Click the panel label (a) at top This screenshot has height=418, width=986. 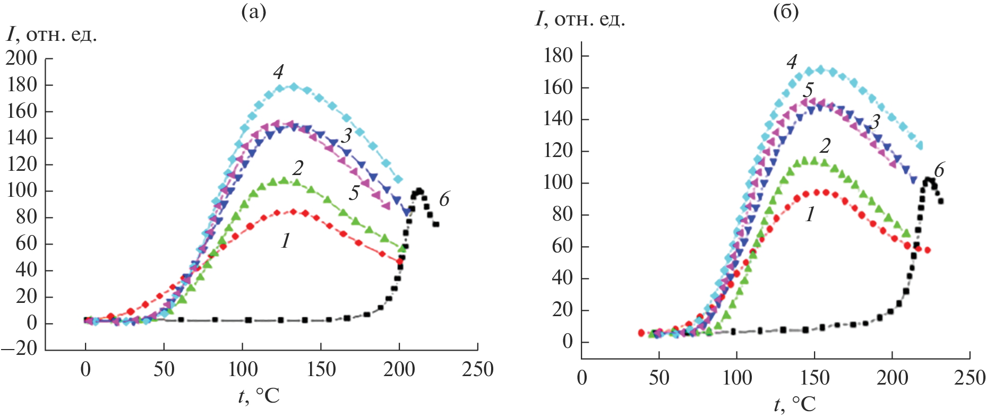tap(253, 12)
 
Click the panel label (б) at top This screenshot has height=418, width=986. tap(786, 12)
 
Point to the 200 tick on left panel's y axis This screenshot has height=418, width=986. tap(22, 58)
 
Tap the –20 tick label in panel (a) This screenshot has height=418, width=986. tap(19, 349)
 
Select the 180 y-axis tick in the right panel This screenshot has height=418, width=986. tap(558, 56)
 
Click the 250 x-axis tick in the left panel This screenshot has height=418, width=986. tap(477, 369)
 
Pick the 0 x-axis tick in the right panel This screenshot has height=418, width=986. tap(582, 378)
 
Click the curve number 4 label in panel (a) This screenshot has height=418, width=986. tap(278, 72)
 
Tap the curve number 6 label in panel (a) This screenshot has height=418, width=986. tap(444, 199)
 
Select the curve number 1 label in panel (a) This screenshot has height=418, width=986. tap(286, 241)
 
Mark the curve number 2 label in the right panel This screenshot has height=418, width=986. tap(825, 146)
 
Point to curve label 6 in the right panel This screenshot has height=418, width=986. tap(939, 170)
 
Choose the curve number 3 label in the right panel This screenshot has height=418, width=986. tap(874, 122)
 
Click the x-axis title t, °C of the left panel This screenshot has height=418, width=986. tap(259, 396)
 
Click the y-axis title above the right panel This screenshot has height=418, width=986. tap(580, 20)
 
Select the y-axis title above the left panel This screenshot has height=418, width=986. tap(52, 35)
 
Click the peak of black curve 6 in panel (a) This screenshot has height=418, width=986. tap(419, 191)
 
